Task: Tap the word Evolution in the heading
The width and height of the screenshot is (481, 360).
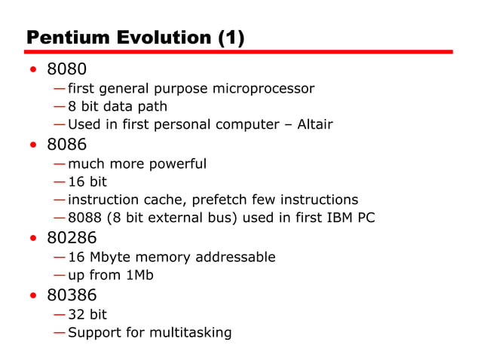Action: click(x=162, y=38)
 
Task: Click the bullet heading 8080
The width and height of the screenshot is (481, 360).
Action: click(x=66, y=69)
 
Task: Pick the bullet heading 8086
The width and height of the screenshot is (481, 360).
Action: click(x=66, y=145)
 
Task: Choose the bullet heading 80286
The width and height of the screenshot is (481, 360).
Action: click(x=72, y=238)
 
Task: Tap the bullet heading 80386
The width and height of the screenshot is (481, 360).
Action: click(x=72, y=294)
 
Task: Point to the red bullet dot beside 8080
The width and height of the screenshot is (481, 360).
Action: click(x=32, y=71)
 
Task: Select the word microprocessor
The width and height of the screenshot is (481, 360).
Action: click(x=262, y=89)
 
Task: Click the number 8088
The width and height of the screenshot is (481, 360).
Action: click(x=85, y=218)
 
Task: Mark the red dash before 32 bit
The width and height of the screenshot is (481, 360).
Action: click(x=59, y=314)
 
